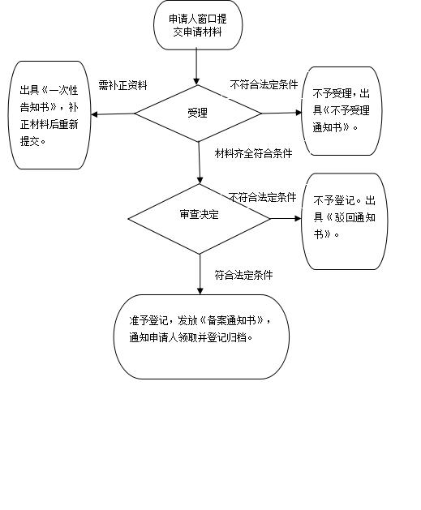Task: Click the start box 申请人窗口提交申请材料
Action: point(198,25)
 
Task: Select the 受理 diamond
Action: point(198,114)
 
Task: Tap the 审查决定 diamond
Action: point(199,219)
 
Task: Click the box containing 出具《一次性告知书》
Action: point(49,115)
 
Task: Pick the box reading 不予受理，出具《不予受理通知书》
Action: point(342,111)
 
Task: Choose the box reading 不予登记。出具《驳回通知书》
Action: point(345,221)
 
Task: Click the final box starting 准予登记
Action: point(201,336)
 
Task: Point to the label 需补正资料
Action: point(123,85)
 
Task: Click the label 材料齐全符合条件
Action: point(253,153)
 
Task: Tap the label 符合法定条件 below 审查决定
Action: point(243,275)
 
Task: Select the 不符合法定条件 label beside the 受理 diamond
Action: point(264,84)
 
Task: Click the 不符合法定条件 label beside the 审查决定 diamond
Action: point(262,197)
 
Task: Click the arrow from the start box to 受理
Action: point(196,67)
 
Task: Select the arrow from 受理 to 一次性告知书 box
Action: point(113,114)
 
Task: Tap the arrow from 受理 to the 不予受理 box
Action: point(281,113)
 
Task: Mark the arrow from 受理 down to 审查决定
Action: point(199,163)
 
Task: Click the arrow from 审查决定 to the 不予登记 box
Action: point(286,219)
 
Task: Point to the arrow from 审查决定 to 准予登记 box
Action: point(200,275)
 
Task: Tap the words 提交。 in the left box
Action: point(33,141)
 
